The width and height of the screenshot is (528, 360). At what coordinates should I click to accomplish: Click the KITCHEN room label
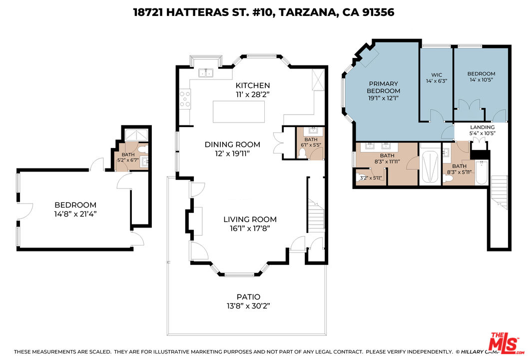point(253,85)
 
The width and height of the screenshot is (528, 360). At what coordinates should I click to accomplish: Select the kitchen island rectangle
point(236,111)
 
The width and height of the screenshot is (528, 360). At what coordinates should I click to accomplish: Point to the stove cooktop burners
point(186,98)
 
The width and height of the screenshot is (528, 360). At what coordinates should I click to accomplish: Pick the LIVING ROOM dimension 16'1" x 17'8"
point(250,228)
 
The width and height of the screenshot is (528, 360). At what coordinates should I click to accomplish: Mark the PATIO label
point(249,296)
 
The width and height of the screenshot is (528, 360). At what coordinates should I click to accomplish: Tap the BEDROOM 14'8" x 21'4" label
point(75,205)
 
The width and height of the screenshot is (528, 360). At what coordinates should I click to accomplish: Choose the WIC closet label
point(436,75)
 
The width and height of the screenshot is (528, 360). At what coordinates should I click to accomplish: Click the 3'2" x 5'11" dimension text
point(367,177)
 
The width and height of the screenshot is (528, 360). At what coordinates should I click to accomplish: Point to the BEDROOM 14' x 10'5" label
point(482,73)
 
